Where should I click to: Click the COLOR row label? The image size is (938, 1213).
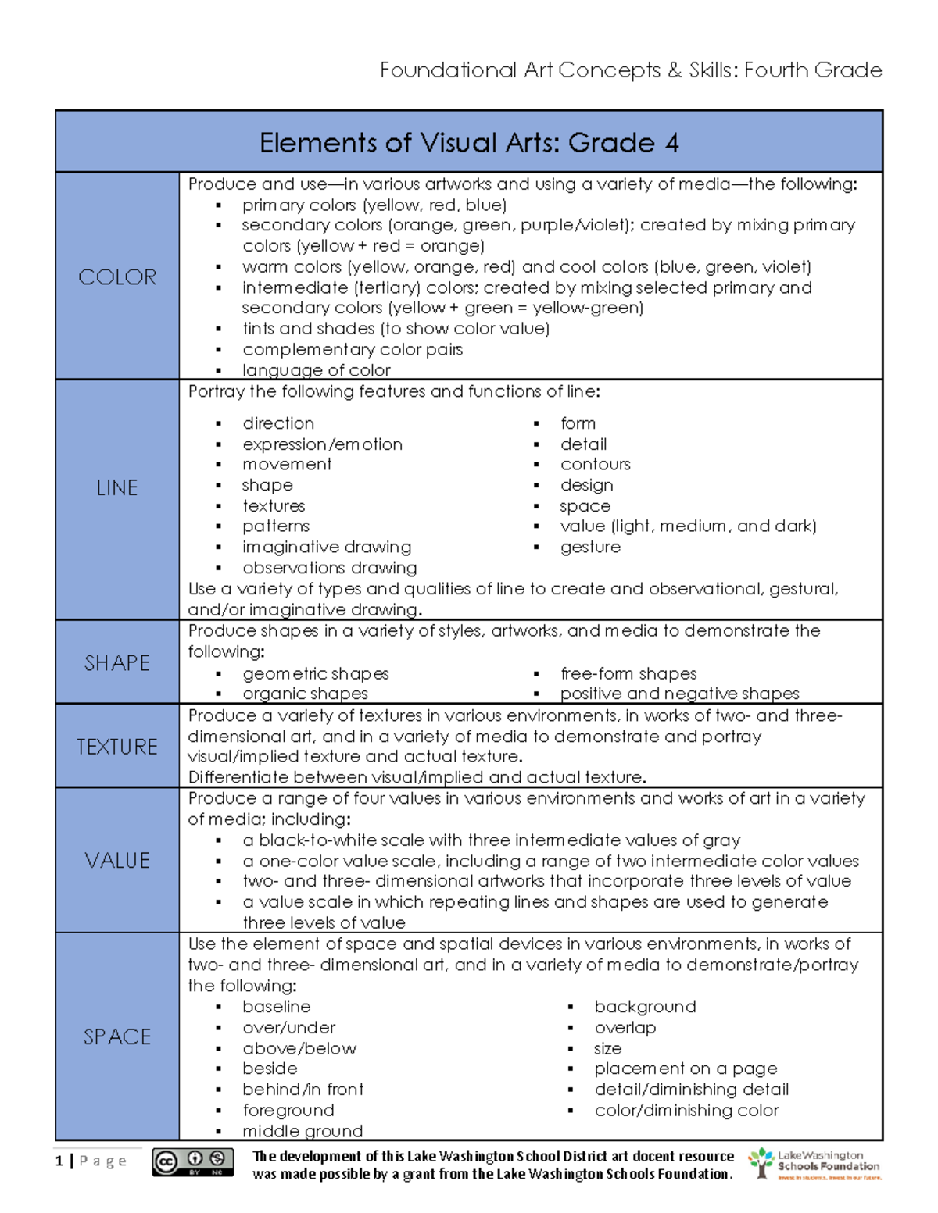[117, 277]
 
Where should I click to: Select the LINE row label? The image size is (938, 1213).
[117, 488]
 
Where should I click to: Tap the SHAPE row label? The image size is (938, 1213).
[117, 663]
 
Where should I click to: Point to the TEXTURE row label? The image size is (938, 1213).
[117, 747]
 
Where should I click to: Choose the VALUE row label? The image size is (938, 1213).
[117, 861]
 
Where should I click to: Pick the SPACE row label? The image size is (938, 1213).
[117, 1036]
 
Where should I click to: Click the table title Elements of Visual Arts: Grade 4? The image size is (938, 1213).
[469, 143]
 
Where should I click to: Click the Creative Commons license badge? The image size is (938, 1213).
[193, 1162]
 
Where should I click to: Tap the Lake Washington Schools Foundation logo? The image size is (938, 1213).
[814, 1164]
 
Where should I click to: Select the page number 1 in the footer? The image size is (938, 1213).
[59, 1161]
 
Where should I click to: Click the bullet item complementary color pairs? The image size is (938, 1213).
[352, 349]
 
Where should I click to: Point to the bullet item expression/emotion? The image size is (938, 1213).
[322, 444]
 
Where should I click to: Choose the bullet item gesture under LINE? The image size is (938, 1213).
[590, 547]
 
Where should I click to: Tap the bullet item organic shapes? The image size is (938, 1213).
[305, 694]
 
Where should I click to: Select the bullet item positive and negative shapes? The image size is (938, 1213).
[679, 694]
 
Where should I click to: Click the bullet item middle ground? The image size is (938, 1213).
[303, 1131]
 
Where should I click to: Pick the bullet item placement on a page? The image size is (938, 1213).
[686, 1069]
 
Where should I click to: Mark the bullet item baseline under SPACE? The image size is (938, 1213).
[276, 1007]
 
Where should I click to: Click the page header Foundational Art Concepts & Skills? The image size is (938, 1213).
[630, 70]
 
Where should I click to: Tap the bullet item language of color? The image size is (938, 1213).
[316, 370]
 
